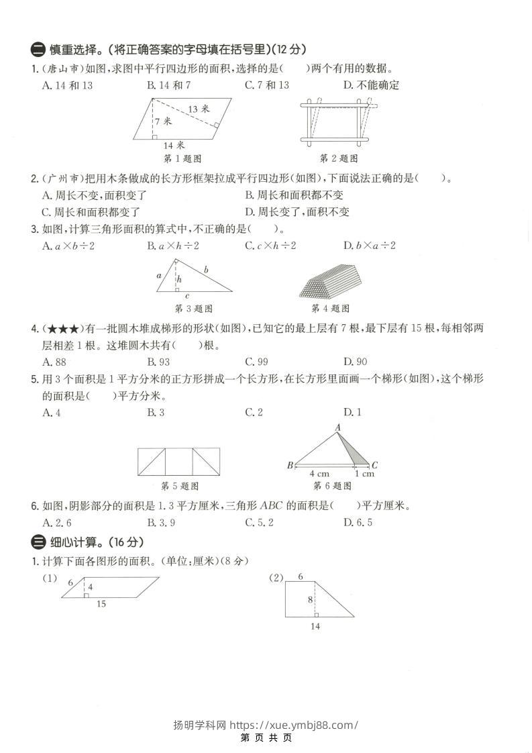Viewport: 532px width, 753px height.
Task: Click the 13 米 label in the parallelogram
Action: (199, 109)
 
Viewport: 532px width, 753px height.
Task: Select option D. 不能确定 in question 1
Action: (371, 85)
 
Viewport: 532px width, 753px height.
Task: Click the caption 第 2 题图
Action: (339, 158)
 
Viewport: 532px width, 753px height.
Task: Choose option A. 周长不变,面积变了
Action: (94, 195)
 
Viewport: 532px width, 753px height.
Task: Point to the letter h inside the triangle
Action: (179, 279)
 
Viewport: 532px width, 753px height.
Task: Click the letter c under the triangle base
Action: (187, 296)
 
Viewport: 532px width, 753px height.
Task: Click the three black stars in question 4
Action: (61, 330)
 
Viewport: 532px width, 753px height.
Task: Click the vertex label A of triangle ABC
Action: (337, 427)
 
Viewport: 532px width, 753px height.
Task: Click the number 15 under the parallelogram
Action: (101, 604)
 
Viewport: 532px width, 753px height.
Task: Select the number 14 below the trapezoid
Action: (315, 626)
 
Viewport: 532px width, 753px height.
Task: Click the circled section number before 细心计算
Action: (38, 542)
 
